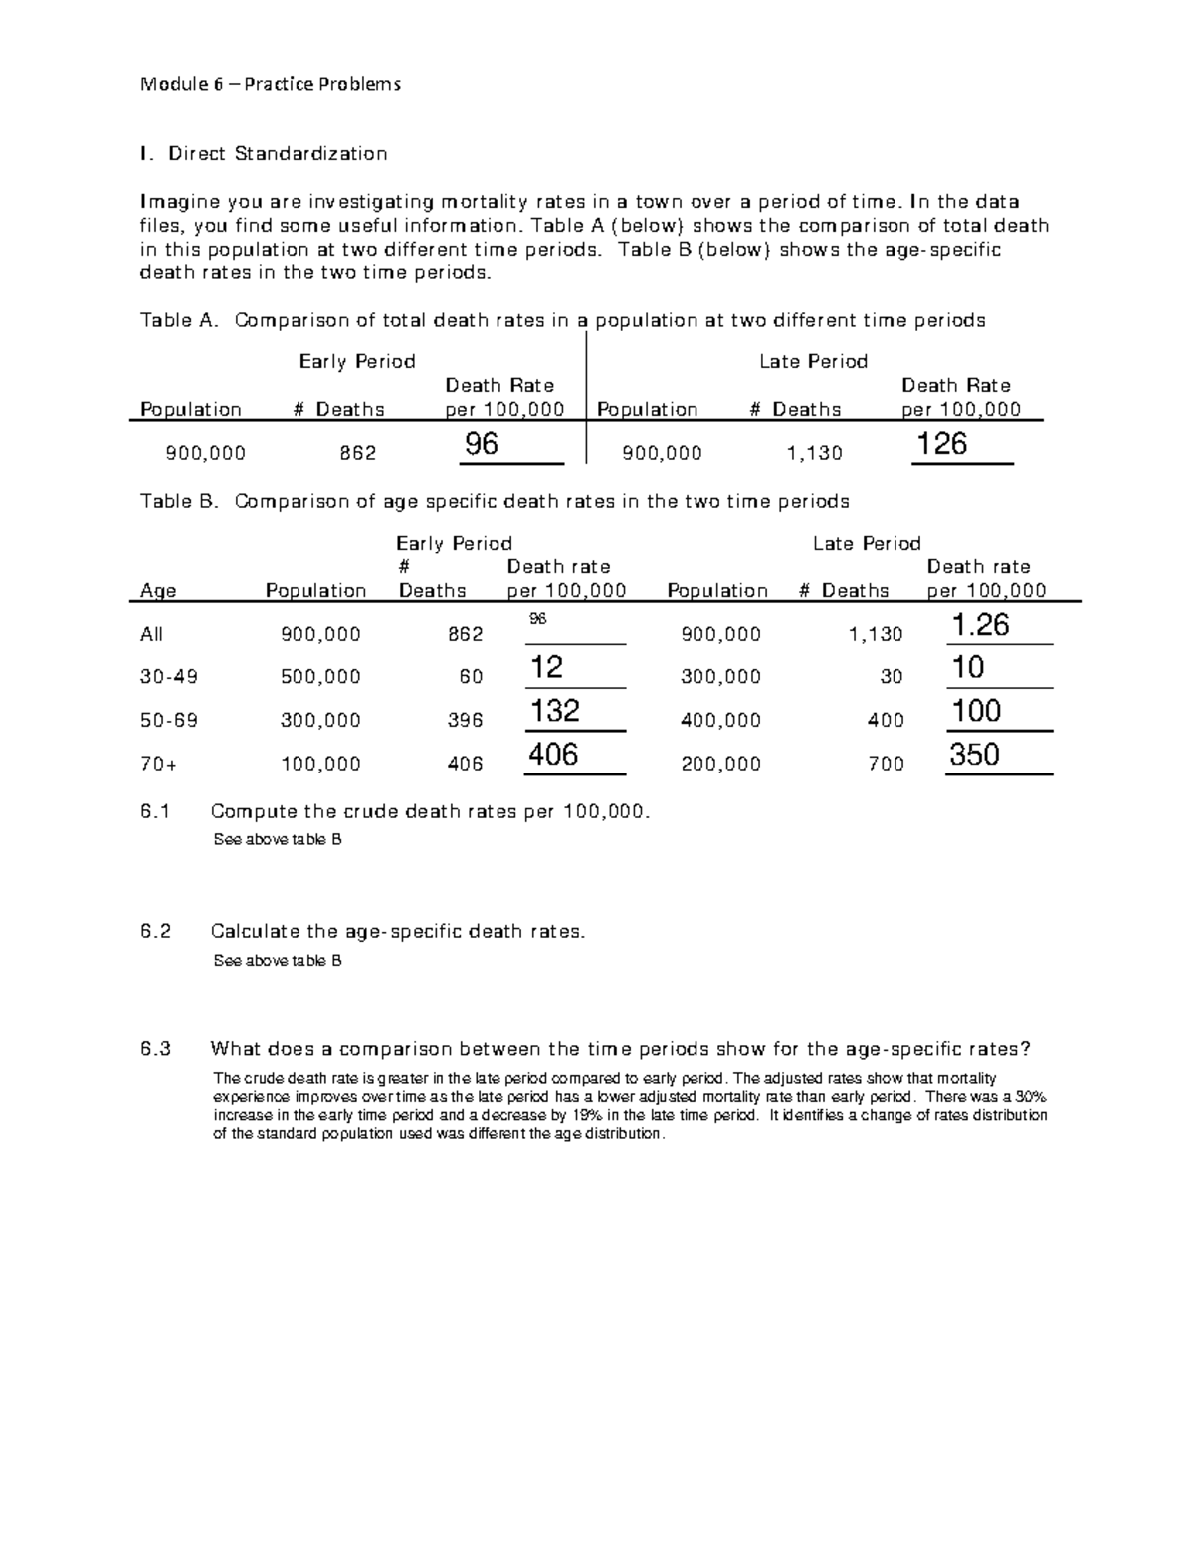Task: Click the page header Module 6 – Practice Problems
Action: click(271, 84)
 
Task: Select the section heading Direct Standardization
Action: click(277, 153)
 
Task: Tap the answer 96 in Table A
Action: click(482, 444)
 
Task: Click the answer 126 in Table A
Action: click(941, 444)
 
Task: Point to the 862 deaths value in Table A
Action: click(357, 454)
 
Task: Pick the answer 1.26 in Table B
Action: click(980, 625)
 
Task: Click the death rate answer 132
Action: click(554, 711)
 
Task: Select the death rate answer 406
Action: click(553, 755)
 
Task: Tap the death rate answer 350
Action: click(974, 755)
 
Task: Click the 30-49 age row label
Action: click(169, 677)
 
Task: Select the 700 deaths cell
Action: click(886, 764)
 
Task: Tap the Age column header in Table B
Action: click(158, 591)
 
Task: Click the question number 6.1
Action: click(156, 811)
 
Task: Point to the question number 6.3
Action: click(156, 1049)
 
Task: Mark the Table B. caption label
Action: click(179, 501)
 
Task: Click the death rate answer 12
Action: click(546, 667)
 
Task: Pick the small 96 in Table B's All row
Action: click(537, 619)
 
